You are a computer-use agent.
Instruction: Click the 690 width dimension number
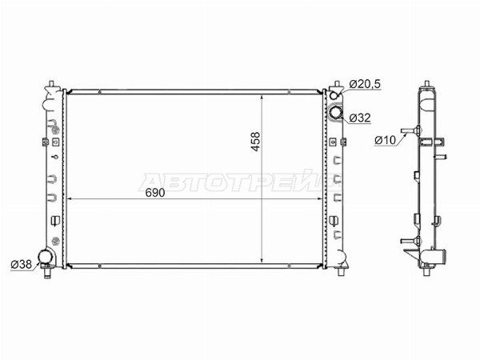(155, 193)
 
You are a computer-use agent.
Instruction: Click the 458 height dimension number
(255, 141)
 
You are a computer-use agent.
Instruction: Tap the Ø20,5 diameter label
(365, 84)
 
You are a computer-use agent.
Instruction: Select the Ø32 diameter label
(360, 118)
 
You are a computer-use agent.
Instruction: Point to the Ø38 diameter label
(22, 264)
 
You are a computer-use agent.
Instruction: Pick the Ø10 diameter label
(385, 140)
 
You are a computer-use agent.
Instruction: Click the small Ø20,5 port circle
(334, 95)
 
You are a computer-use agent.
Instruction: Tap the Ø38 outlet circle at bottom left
(46, 258)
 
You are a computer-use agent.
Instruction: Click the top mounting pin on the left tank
(51, 84)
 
